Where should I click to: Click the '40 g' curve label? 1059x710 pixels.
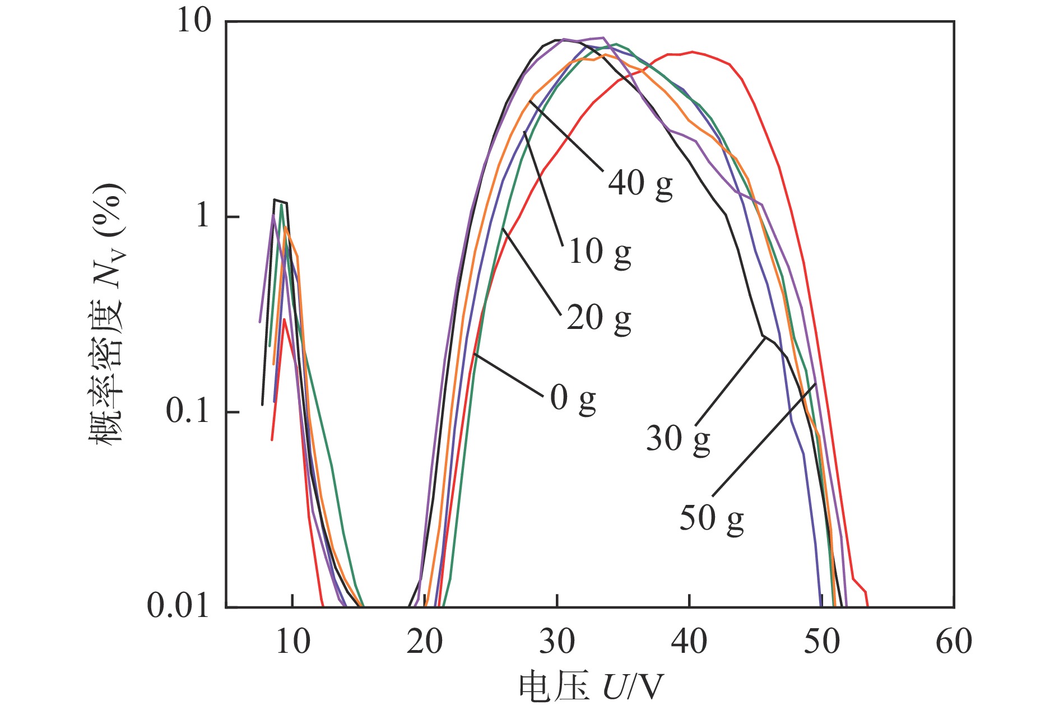(640, 184)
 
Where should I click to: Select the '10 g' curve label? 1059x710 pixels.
(600, 252)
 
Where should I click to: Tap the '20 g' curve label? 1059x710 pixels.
(598, 318)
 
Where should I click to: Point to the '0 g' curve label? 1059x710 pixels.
(573, 398)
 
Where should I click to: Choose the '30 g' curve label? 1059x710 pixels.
(678, 439)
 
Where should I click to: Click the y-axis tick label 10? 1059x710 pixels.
(194, 22)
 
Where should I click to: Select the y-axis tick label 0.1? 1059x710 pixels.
(187, 412)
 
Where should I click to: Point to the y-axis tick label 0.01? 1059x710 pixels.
(178, 606)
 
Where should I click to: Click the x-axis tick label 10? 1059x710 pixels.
(292, 642)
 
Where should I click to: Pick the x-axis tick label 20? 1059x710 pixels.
(425, 642)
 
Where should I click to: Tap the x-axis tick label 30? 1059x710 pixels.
(557, 642)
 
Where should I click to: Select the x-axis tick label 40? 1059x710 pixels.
(689, 642)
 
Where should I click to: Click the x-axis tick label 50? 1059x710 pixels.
(821, 642)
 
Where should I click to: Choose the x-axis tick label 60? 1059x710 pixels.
(954, 642)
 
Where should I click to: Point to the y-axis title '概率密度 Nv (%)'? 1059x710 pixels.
(106, 314)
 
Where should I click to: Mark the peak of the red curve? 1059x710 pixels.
(693, 52)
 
